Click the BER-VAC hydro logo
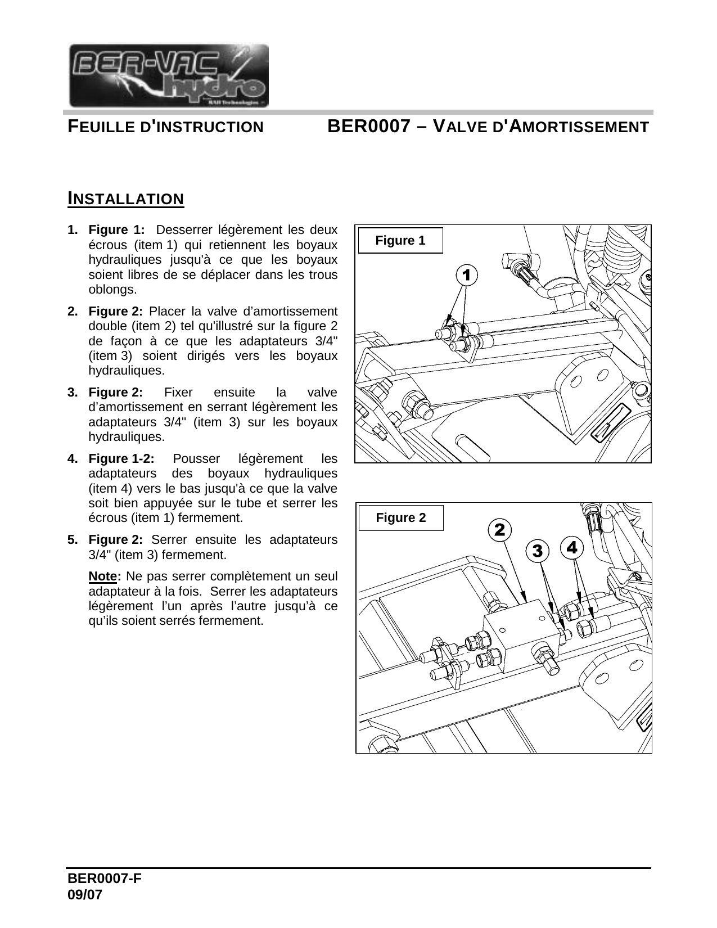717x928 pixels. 168,75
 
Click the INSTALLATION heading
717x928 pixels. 125,199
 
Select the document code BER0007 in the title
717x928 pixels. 368,127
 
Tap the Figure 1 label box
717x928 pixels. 400,241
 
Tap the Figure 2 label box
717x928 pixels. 401,518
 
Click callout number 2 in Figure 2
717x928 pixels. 499,530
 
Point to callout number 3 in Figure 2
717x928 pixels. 538,551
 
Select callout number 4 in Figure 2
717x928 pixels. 572,547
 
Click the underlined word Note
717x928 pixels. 104,577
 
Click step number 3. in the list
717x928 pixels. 73,393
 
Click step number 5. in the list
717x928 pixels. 73,540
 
